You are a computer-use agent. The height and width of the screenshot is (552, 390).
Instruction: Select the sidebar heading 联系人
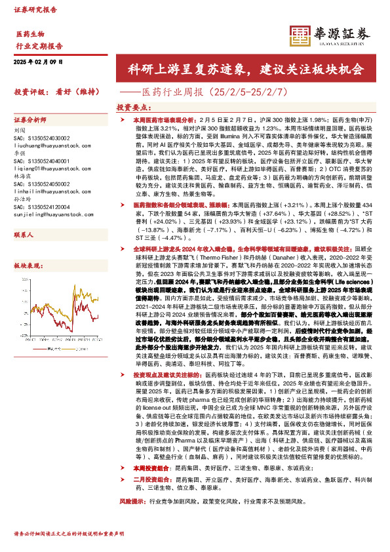(24, 233)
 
